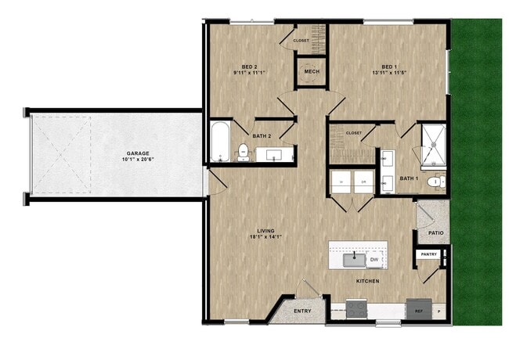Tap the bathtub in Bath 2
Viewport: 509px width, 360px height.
coord(220,142)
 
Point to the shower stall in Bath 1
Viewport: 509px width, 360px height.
coord(432,144)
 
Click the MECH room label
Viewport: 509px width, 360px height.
coord(312,72)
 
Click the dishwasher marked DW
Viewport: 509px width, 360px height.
coord(374,258)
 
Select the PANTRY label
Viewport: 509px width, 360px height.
coord(428,254)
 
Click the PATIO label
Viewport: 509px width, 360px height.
coord(437,233)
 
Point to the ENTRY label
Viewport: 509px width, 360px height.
coord(302,311)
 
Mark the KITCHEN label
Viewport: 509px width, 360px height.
coord(368,280)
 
